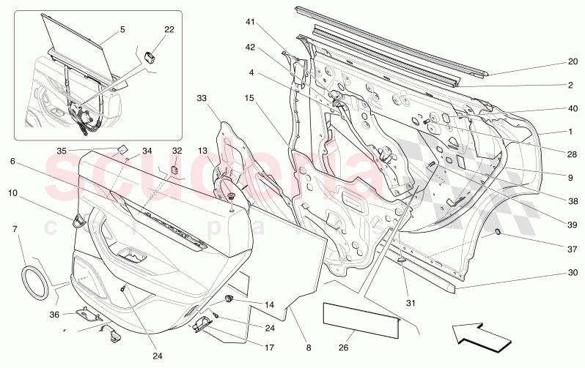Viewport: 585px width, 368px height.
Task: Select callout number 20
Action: [x=573, y=61]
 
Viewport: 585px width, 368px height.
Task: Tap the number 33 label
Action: [x=202, y=97]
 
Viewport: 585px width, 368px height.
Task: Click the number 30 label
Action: [x=572, y=273]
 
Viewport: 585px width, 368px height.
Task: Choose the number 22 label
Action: [x=169, y=29]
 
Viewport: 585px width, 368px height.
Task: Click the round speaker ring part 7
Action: [x=35, y=279]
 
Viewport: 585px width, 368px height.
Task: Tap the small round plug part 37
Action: [x=498, y=233]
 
